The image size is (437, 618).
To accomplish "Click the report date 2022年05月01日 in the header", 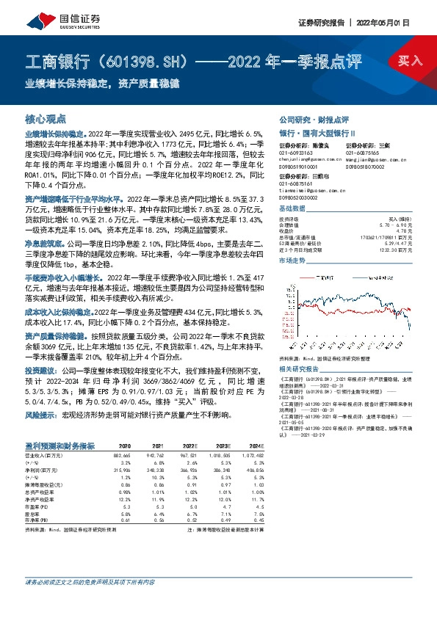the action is tap(392, 22).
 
